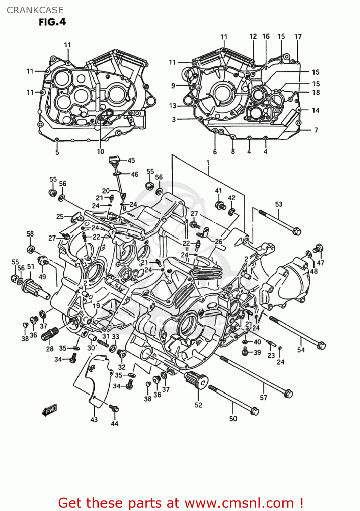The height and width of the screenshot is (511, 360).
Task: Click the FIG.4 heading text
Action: pos(52,22)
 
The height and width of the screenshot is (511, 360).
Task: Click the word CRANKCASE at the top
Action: pos(35,10)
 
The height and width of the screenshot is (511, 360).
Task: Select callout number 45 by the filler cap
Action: pos(131,160)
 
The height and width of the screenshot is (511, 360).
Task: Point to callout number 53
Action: pos(279,204)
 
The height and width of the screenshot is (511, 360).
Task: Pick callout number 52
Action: pos(198,405)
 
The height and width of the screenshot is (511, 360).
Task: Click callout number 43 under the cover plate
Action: pos(94,420)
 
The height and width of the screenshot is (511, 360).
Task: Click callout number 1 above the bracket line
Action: pos(208,163)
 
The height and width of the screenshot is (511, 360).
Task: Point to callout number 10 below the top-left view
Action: pos(100,152)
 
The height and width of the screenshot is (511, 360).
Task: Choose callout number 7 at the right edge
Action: pos(316,130)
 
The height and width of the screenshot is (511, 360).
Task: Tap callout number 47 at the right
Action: pos(320,263)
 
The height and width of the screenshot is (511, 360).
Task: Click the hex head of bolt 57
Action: pos(288,393)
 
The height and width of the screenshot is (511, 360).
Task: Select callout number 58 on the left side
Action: pos(30,234)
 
